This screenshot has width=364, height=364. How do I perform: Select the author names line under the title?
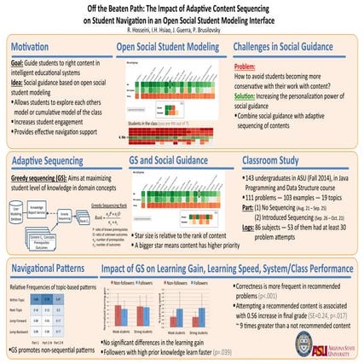coord(182,29)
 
